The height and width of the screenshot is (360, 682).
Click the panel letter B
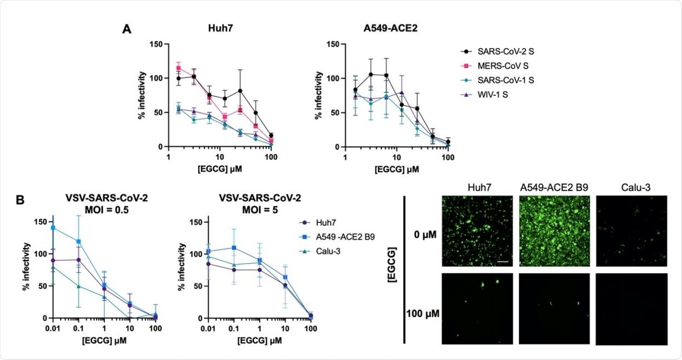pyautogui.click(x=20, y=200)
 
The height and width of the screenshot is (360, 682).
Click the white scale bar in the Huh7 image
pyautogui.click(x=502, y=261)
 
